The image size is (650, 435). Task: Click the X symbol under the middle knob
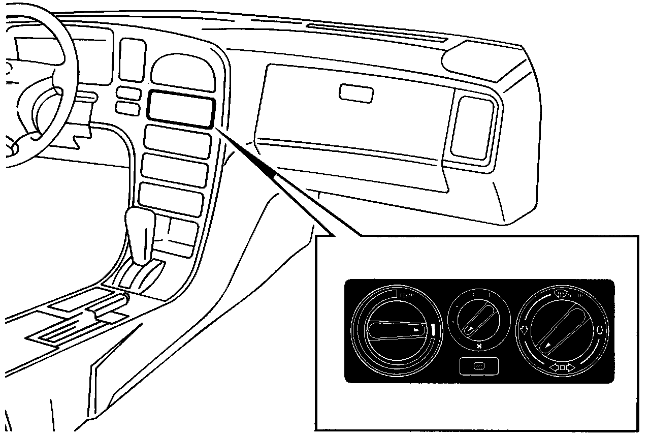coord(479,347)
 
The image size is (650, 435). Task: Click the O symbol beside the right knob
coord(600,330)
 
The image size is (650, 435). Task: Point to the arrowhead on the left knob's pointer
coord(417,330)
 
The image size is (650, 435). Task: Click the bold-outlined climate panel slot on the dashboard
coord(181,109)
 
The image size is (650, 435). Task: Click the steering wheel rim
coord(71,76)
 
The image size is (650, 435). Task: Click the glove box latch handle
coord(356,93)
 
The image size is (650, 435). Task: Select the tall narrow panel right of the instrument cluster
coord(132,59)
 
